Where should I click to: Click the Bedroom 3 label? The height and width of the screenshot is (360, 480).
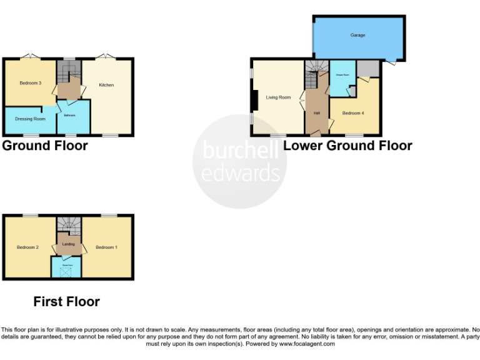coord(29,83)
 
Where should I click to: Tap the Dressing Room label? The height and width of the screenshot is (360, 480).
coord(31,119)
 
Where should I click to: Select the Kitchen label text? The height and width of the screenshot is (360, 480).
coord(107,85)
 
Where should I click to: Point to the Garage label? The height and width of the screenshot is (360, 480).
coord(357,36)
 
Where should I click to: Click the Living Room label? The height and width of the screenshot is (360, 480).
coord(278,97)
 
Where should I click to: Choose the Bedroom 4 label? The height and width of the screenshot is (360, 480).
coord(352,113)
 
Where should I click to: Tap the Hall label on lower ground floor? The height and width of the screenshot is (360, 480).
coord(316,113)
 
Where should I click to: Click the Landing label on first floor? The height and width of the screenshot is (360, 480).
coord(69,244)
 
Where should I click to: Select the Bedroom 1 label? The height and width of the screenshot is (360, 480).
coord(106,247)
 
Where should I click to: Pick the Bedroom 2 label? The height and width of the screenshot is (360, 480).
coord(28,247)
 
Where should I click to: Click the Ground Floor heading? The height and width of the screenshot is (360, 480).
coord(45,146)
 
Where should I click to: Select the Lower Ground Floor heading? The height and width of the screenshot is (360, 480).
coord(347,146)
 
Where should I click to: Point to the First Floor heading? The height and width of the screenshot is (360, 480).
coord(66,302)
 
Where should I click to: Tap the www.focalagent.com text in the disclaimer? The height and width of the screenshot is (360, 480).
coord(306,344)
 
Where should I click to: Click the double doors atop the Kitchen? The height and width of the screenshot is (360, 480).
coord(107,57)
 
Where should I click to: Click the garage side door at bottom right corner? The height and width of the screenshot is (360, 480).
coord(391,62)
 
